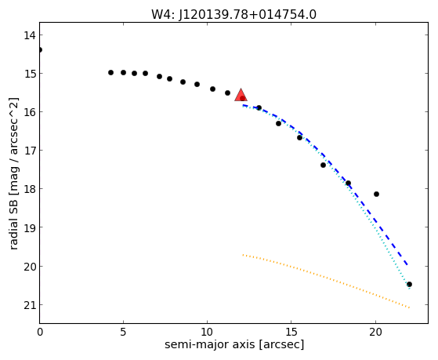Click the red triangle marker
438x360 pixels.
pyautogui.click(x=241, y=95)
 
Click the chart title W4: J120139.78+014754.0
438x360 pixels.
pyautogui.click(x=233, y=15)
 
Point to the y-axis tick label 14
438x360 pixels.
pyautogui.click(x=30, y=35)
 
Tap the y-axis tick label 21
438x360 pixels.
pyautogui.click(x=30, y=305)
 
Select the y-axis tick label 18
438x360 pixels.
pyautogui.click(x=30, y=189)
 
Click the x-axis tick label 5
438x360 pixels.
pyautogui.click(x=123, y=332)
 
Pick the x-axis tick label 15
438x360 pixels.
pyautogui.click(x=291, y=332)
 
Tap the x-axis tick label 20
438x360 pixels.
pyautogui.click(x=375, y=332)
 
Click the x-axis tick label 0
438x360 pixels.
pyautogui.click(x=40, y=332)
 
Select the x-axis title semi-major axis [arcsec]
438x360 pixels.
pyautogui.click(x=234, y=344)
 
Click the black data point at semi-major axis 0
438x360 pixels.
pyautogui.click(x=40, y=49)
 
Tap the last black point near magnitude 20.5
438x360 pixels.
pyautogui.click(x=409, y=285)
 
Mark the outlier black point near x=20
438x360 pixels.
pyautogui.click(x=376, y=195)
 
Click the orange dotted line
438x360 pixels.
pyautogui.click(x=326, y=281)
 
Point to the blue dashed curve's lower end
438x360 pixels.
pyautogui.click(x=407, y=264)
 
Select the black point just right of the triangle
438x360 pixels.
pyautogui.click(x=259, y=107)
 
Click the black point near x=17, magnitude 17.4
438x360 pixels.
pyautogui.click(x=323, y=165)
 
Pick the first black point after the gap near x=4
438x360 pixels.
pyautogui.click(x=110, y=72)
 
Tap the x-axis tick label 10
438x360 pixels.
pyautogui.click(x=207, y=332)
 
